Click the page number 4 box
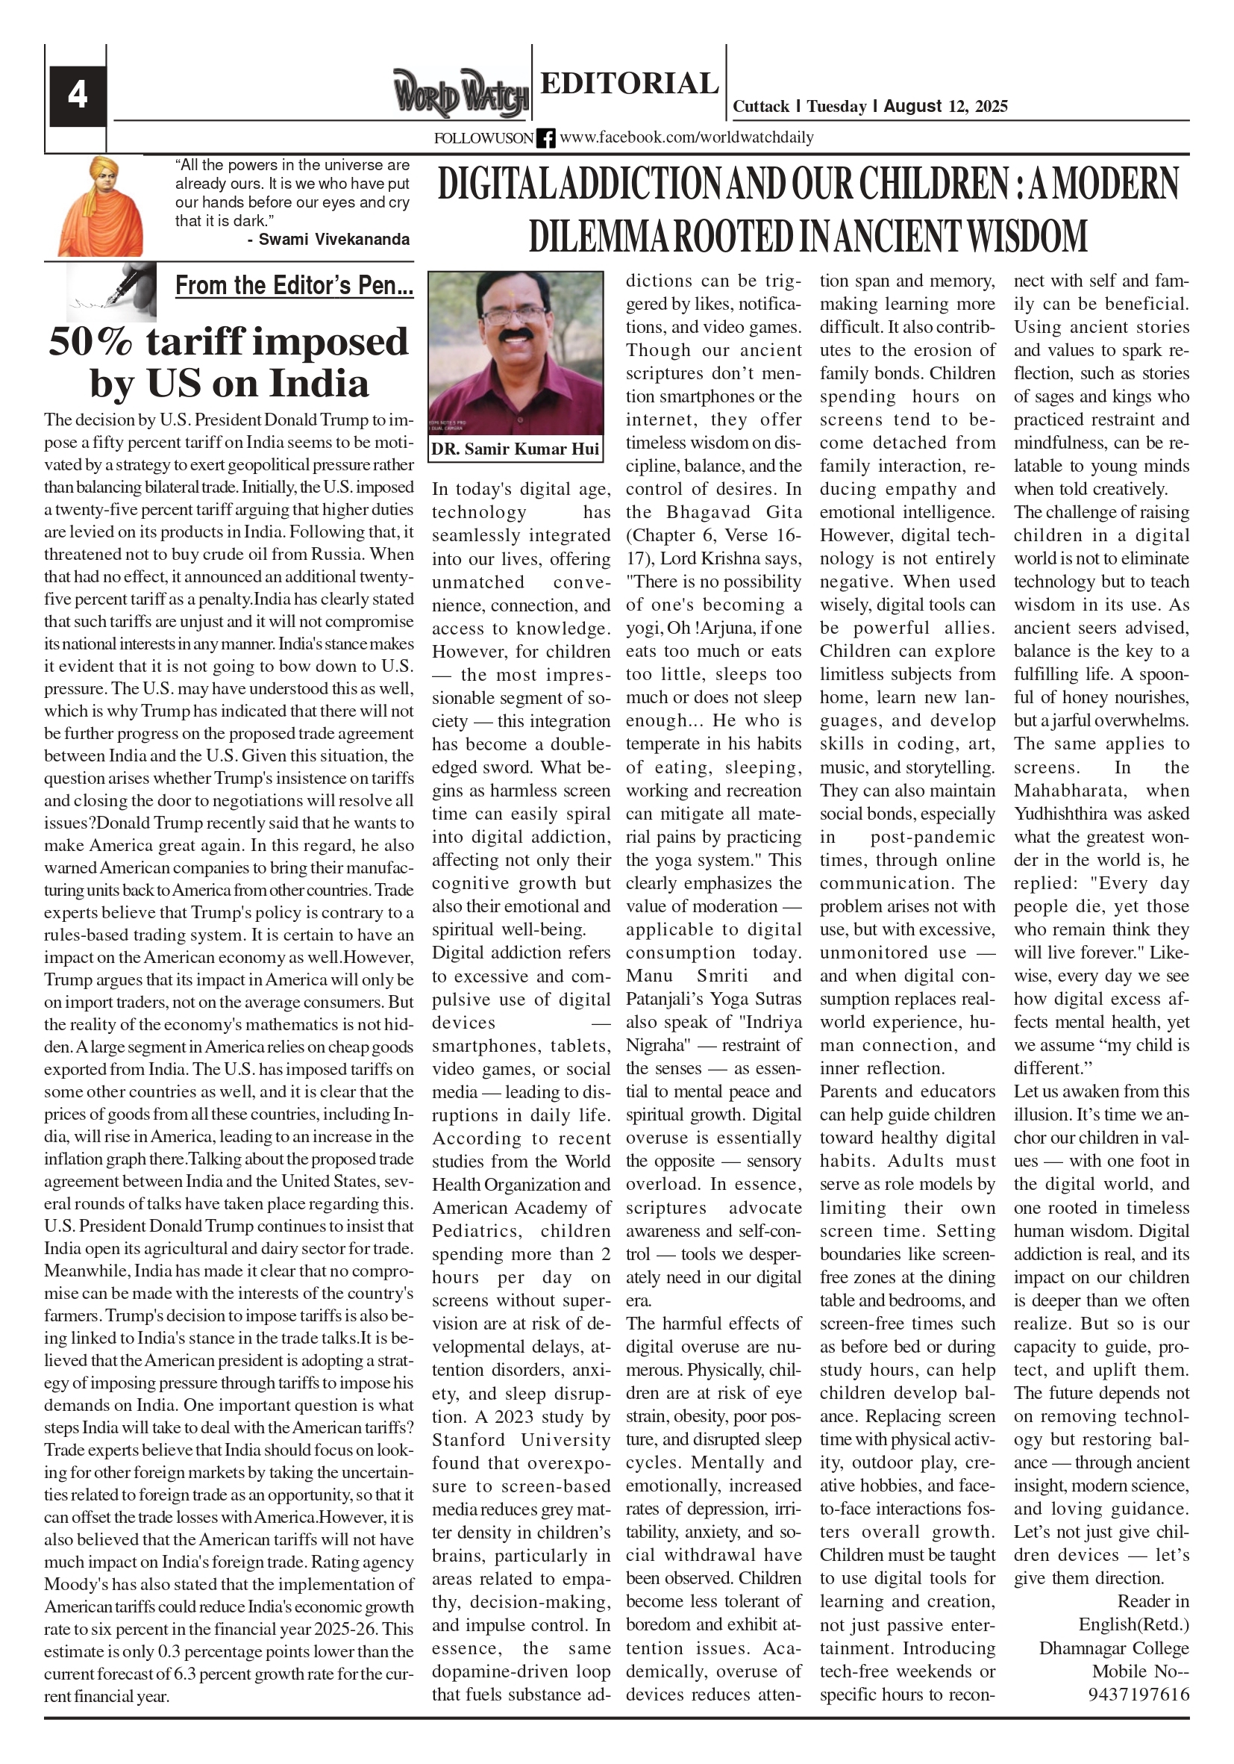(78, 96)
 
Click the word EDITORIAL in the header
(629, 83)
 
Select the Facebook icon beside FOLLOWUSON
(545, 138)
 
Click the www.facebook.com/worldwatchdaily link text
(686, 137)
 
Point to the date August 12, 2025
(945, 106)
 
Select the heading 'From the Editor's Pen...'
(294, 285)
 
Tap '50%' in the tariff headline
(90, 341)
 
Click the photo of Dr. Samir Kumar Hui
(516, 352)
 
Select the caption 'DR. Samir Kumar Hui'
(515, 449)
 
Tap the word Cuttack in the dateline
(760, 106)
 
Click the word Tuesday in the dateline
(836, 106)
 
